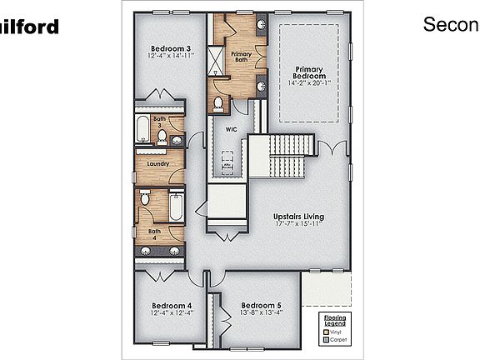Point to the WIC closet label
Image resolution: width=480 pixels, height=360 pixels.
(x=232, y=129)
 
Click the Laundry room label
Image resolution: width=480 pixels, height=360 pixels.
(x=157, y=163)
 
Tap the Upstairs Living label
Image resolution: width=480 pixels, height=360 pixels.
(x=298, y=217)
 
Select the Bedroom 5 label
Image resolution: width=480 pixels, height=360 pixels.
(x=261, y=305)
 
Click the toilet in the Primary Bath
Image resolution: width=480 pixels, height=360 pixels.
(x=217, y=104)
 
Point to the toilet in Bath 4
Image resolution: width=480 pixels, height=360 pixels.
(x=145, y=199)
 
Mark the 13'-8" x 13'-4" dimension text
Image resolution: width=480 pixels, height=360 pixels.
(x=261, y=313)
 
